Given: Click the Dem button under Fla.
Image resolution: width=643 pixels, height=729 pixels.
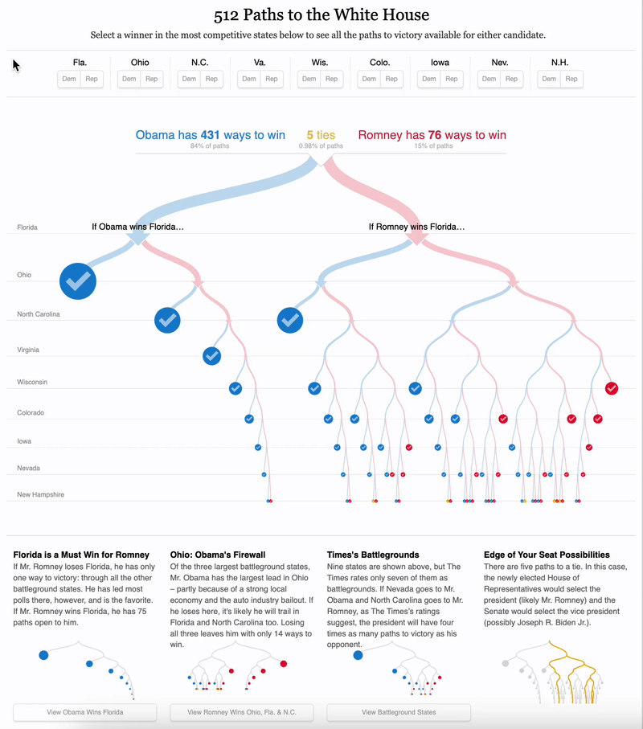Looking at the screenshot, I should (69, 79).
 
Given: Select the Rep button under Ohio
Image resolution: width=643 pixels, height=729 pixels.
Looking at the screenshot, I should (151, 79).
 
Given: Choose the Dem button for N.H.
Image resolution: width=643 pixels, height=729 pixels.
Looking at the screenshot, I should (549, 79).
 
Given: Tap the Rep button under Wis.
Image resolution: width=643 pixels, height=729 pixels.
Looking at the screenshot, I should (332, 79).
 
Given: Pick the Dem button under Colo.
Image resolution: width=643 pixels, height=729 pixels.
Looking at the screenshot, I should (369, 79).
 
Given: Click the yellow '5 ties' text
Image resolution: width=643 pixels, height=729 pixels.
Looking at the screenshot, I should (321, 136).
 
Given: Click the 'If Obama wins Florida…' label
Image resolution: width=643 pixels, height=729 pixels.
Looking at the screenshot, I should (138, 227).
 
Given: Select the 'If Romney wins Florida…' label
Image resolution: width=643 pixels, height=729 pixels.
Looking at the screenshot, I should (416, 227).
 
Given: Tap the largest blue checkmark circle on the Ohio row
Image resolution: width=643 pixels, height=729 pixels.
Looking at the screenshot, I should (78, 281).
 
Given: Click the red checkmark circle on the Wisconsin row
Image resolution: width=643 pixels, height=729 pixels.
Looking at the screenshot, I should (612, 388).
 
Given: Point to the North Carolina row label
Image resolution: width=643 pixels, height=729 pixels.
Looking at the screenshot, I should (39, 314).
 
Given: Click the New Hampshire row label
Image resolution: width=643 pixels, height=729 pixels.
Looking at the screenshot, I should (40, 494).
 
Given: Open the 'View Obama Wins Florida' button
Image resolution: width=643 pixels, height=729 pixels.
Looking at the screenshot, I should (84, 712).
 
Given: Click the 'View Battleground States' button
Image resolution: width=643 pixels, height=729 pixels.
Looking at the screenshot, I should (399, 712).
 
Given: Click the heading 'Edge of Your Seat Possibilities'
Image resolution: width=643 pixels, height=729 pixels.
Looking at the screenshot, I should (547, 555).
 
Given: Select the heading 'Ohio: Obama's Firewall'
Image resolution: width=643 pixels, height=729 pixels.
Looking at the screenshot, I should (218, 555).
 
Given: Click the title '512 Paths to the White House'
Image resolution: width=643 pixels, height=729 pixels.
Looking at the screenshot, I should (321, 15).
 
